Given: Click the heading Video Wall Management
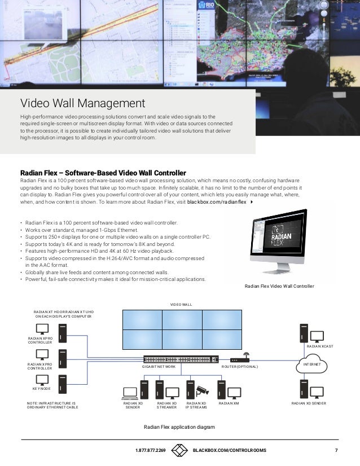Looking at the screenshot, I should [83, 104].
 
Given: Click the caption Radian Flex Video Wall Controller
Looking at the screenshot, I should [279, 287].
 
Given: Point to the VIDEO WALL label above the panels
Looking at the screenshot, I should [181, 305].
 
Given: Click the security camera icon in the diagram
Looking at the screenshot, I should [202, 390].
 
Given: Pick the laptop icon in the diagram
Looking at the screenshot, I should [130, 393].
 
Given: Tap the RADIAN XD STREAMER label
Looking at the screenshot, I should [166, 406].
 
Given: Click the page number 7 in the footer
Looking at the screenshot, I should [336, 450].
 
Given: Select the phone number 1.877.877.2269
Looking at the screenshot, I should [150, 450].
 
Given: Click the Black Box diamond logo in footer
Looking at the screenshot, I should [179, 450].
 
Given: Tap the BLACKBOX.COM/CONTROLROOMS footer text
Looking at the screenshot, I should [230, 450].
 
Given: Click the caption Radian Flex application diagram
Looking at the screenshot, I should [179, 427].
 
